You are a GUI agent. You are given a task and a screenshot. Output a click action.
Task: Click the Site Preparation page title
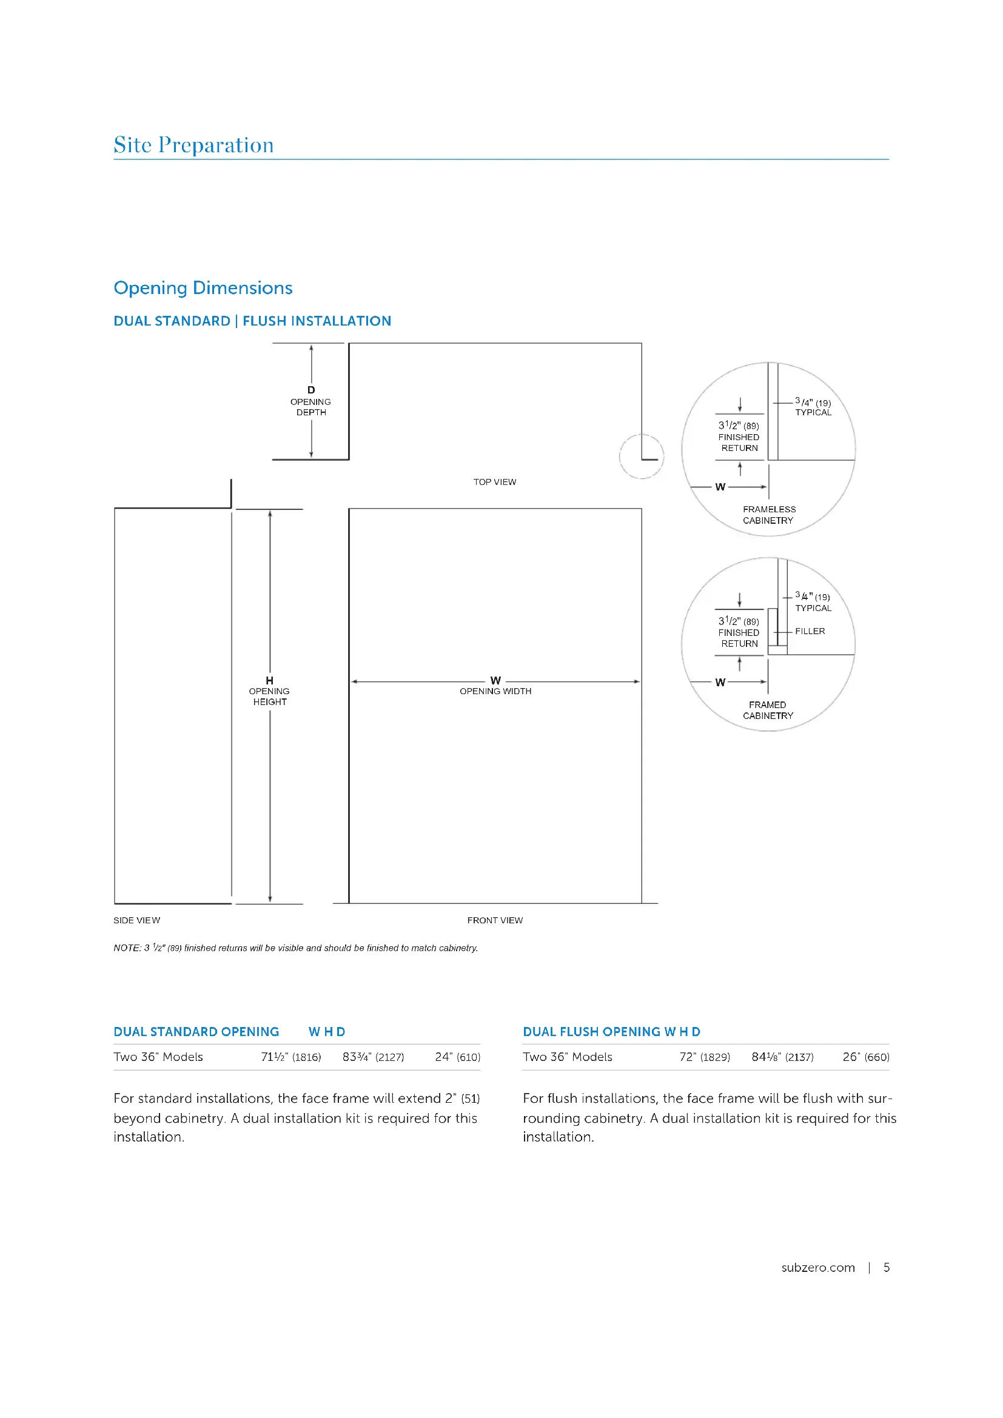point(193,145)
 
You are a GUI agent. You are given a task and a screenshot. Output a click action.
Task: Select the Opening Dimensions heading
point(203,288)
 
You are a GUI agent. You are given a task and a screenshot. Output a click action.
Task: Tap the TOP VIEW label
point(495,483)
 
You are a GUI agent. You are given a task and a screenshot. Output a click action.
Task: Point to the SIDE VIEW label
point(136,920)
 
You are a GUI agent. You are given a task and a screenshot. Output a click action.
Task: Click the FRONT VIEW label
point(495,920)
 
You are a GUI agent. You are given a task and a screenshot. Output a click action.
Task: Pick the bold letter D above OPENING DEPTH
point(311,390)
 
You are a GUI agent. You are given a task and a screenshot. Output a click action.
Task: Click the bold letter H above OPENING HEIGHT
point(269,681)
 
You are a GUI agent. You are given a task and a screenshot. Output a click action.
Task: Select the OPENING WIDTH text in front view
point(495,691)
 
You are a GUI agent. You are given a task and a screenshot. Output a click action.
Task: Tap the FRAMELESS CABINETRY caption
point(768,515)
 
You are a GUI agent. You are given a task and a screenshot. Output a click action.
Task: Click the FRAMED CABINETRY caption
point(768,711)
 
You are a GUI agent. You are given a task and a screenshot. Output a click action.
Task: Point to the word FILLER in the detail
point(810,631)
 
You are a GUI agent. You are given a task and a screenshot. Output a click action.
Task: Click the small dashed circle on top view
point(641,457)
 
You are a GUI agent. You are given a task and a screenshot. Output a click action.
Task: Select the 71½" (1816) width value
point(291,1057)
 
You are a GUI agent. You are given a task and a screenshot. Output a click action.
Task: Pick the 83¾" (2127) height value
point(373,1057)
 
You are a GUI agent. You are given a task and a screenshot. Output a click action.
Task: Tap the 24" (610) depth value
point(457,1057)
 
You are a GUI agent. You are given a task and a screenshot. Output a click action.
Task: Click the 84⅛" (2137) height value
point(782,1057)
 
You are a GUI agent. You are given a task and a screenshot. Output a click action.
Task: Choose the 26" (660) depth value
point(866,1057)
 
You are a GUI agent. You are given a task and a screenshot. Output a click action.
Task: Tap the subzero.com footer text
point(817,1267)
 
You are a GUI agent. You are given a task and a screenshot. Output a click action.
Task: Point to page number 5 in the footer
point(887,1267)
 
